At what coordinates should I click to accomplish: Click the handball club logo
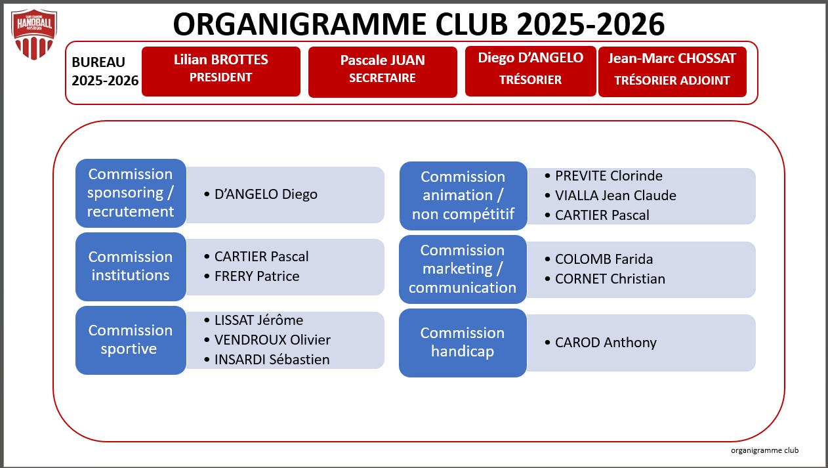click(34, 34)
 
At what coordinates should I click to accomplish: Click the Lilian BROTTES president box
click(221, 72)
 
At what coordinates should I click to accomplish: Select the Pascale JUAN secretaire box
click(383, 72)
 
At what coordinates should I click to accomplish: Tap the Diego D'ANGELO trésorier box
click(530, 71)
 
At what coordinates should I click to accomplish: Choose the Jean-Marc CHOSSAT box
click(673, 72)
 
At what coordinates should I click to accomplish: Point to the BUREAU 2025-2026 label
click(105, 72)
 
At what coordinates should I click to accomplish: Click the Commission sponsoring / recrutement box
click(131, 194)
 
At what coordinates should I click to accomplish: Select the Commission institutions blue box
click(131, 266)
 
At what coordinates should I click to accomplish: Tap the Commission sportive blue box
click(131, 340)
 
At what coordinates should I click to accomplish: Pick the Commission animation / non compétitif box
click(463, 196)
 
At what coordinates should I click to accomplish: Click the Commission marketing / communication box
click(463, 269)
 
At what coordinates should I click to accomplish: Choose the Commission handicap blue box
click(463, 343)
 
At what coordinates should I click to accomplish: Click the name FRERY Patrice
click(257, 276)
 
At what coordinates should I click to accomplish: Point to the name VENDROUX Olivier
click(272, 340)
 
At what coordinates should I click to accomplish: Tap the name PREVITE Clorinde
click(608, 176)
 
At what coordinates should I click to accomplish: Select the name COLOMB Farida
click(604, 259)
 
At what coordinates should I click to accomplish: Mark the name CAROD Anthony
click(606, 343)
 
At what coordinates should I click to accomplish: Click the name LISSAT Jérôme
click(259, 320)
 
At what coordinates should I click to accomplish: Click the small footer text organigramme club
click(764, 450)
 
